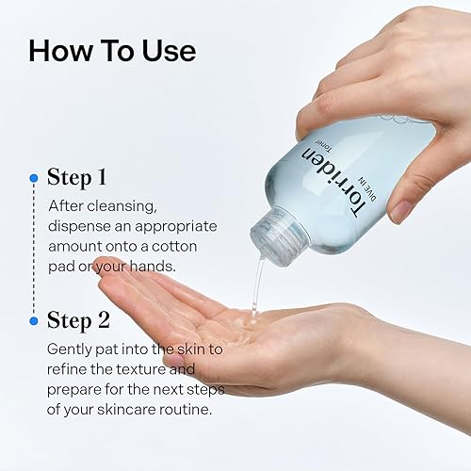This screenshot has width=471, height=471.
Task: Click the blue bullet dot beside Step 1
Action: coord(34,177)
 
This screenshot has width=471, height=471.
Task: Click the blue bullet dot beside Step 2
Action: coord(34,320)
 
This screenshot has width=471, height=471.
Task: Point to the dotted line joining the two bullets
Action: coord(34,250)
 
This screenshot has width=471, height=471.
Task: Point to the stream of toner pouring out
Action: coord(254,287)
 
